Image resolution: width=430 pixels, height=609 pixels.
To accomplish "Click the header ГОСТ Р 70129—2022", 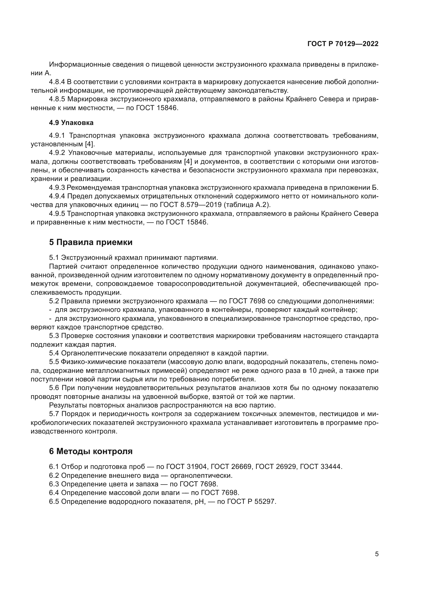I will [x=343, y=44].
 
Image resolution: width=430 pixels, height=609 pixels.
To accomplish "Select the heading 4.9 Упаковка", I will [x=71, y=123].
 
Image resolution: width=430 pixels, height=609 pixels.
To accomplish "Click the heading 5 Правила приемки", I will [x=91, y=242].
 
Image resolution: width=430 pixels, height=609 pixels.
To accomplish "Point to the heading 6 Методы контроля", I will [x=91, y=451].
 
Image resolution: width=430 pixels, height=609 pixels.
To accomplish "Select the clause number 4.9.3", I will [x=57, y=187].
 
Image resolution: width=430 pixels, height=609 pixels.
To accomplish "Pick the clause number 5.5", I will [x=54, y=362].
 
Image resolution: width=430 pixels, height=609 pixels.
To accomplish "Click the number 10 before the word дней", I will [x=313, y=371].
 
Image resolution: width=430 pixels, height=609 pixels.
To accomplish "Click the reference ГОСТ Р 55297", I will [x=252, y=501].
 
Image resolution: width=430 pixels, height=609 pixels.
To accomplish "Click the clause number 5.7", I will [x=54, y=414].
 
